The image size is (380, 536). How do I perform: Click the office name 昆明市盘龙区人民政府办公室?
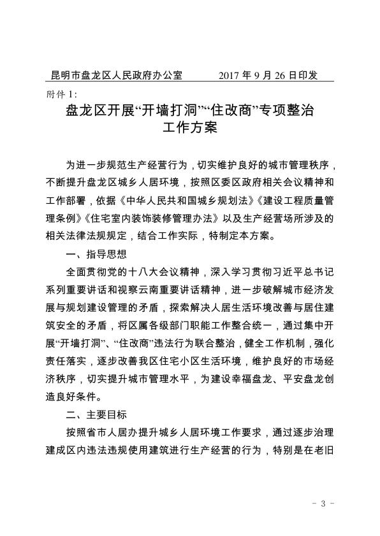117,75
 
